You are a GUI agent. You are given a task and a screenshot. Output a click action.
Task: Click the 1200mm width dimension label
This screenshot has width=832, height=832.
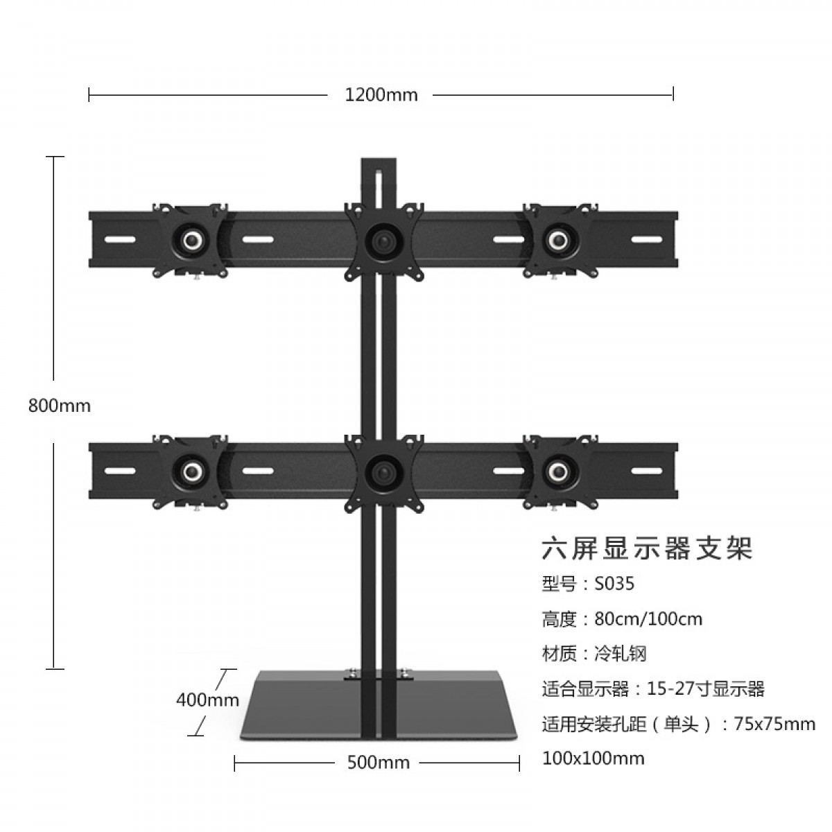tap(381, 95)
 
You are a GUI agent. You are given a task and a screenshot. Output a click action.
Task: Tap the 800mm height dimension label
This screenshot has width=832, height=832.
tap(60, 406)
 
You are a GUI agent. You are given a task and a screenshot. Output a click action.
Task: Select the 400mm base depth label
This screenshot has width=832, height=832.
tap(207, 700)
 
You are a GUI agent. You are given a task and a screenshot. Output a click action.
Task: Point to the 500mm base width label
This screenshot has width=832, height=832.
tap(378, 763)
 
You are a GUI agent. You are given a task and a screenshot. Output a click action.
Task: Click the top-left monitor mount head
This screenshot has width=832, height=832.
tap(191, 240)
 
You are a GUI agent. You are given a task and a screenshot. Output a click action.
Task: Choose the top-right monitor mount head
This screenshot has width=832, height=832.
tap(558, 240)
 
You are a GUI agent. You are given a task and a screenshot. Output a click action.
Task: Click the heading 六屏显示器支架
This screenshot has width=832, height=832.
tap(646, 550)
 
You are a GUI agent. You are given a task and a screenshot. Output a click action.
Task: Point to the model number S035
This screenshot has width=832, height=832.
tap(614, 584)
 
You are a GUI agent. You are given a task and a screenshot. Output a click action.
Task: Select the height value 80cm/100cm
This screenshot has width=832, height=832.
tap(648, 618)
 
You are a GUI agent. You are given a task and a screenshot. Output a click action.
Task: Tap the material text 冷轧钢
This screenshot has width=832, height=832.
tap(621, 653)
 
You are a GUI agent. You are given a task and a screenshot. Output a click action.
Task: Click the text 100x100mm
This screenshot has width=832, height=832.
tap(593, 758)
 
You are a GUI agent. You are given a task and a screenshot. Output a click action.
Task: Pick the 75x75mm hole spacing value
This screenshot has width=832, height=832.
tap(774, 725)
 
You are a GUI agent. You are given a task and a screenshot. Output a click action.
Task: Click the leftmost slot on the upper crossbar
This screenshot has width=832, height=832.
tap(120, 240)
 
